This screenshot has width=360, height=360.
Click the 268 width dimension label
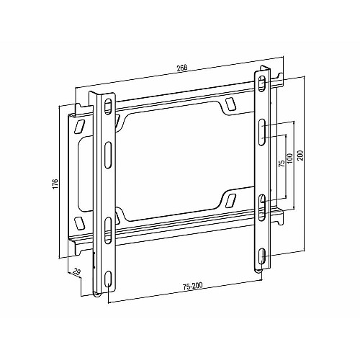[x=182, y=68]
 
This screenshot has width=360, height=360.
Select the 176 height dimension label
[x=55, y=184]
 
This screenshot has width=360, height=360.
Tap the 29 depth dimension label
[x=76, y=272]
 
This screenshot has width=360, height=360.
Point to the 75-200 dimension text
[x=193, y=286]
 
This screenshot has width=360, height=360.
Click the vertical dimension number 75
[x=282, y=163]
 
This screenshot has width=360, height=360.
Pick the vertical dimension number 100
[x=290, y=158]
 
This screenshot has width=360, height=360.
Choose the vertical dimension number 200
[x=301, y=156]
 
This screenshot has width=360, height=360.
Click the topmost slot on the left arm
[x=108, y=107]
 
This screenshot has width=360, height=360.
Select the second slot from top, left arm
[x=108, y=156]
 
